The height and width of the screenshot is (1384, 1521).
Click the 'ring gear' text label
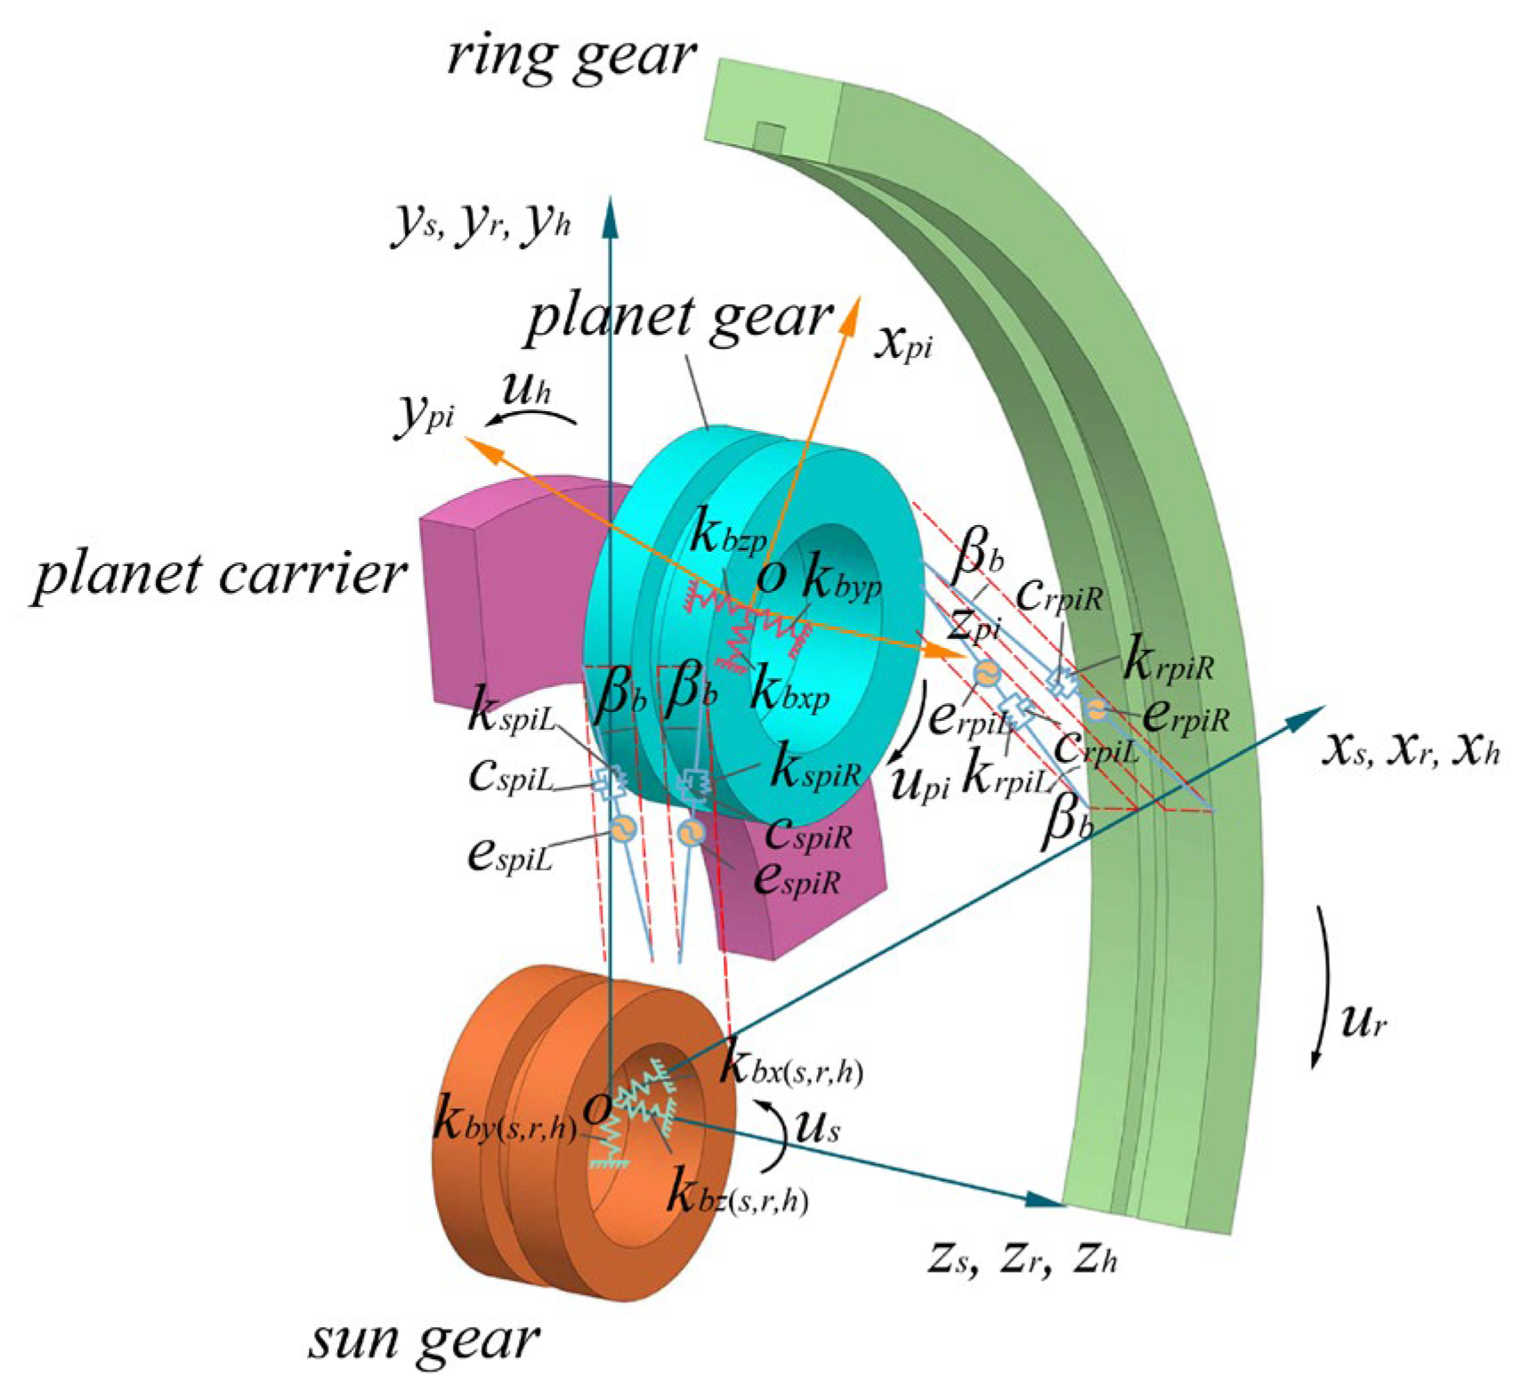[x=570, y=55]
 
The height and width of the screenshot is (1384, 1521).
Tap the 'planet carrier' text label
[x=219, y=574]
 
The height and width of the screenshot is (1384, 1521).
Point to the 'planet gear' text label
[x=679, y=317]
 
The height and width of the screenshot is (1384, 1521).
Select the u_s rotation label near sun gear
[x=816, y=1128]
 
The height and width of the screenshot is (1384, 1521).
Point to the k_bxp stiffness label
[x=789, y=690]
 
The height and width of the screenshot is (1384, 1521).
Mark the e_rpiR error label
[x=1185, y=715]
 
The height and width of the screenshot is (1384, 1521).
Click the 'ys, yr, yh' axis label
[x=480, y=223]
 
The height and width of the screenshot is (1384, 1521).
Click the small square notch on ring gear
[x=770, y=136]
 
